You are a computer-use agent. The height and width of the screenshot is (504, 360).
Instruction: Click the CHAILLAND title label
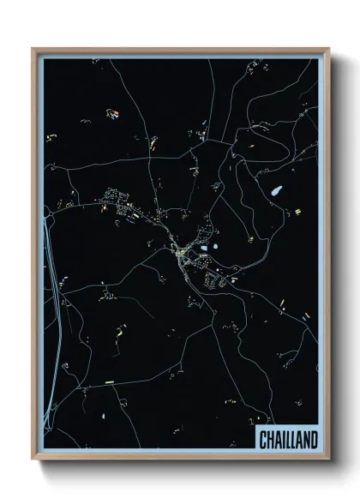(x=286, y=440)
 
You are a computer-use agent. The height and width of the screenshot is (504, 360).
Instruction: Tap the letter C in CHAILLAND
(x=263, y=440)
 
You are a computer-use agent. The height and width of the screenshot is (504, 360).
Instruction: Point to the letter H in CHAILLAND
(x=270, y=440)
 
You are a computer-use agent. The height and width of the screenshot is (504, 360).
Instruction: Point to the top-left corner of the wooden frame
(x=33, y=49)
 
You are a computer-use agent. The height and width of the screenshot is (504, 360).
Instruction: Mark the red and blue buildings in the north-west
(x=112, y=111)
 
